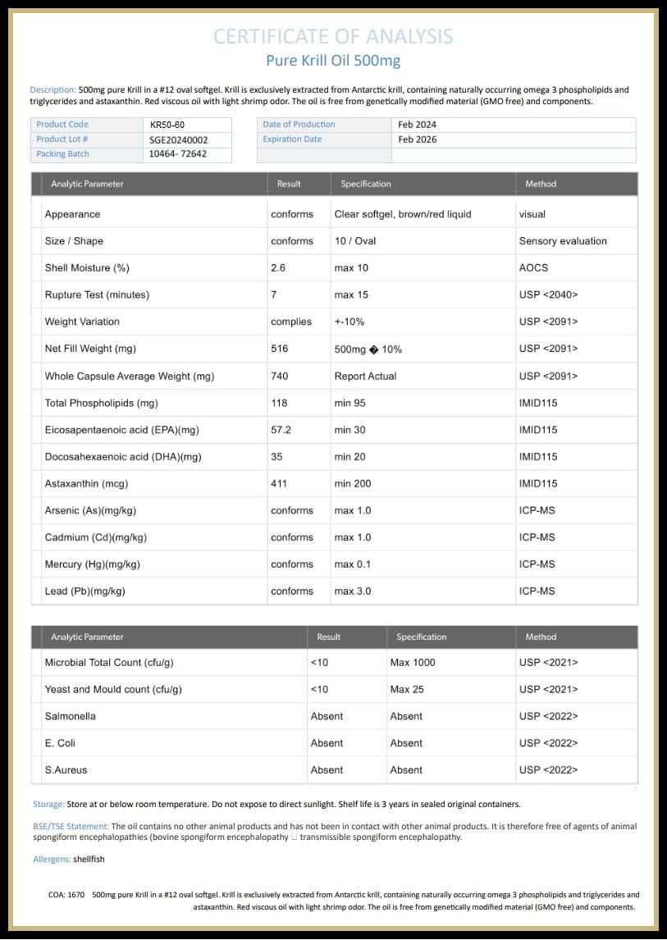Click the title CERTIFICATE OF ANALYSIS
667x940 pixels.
click(x=333, y=36)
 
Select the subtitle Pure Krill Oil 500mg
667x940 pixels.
click(x=333, y=61)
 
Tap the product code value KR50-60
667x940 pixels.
click(x=167, y=125)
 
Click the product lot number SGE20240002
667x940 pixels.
click(x=179, y=139)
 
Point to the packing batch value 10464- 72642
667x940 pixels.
click(x=178, y=154)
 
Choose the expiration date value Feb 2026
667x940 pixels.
click(x=418, y=139)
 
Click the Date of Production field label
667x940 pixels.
click(x=299, y=125)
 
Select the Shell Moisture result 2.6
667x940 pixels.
click(x=279, y=268)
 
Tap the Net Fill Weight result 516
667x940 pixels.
click(x=280, y=349)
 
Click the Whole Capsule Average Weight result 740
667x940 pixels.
click(x=280, y=376)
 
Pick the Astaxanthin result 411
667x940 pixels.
click(x=279, y=484)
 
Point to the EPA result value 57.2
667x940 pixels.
click(x=281, y=430)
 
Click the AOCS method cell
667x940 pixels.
click(x=533, y=268)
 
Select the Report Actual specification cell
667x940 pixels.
click(x=365, y=376)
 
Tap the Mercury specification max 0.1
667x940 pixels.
click(x=353, y=564)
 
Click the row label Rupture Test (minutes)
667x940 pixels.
click(x=97, y=295)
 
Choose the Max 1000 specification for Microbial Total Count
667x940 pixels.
click(x=413, y=662)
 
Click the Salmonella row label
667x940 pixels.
click(x=71, y=716)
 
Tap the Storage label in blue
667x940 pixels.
click(x=48, y=805)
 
